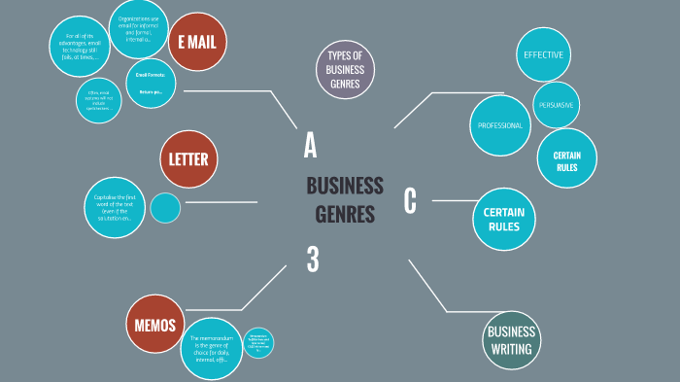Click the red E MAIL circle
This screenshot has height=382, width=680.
tap(197, 42)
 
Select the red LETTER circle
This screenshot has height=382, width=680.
tap(189, 159)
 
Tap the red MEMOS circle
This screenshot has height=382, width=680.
tap(155, 326)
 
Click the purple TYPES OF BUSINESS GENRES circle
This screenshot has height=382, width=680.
tap(345, 69)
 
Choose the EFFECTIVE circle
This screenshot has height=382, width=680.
tap(543, 54)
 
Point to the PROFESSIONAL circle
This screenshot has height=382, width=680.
tap(501, 125)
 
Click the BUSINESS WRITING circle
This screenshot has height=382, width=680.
tap(511, 340)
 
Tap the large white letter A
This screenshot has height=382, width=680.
tap(310, 145)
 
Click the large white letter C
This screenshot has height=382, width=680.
tap(410, 200)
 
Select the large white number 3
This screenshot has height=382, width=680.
tap(313, 259)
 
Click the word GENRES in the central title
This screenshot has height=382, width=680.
tap(345, 215)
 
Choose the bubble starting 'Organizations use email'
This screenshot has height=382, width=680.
tap(138, 29)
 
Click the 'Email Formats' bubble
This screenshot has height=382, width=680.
tap(151, 84)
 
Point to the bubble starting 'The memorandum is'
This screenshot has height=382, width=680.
tap(211, 348)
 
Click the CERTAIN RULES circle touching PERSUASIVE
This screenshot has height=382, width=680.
tap(567, 157)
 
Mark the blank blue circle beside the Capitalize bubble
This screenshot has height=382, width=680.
tap(165, 208)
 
